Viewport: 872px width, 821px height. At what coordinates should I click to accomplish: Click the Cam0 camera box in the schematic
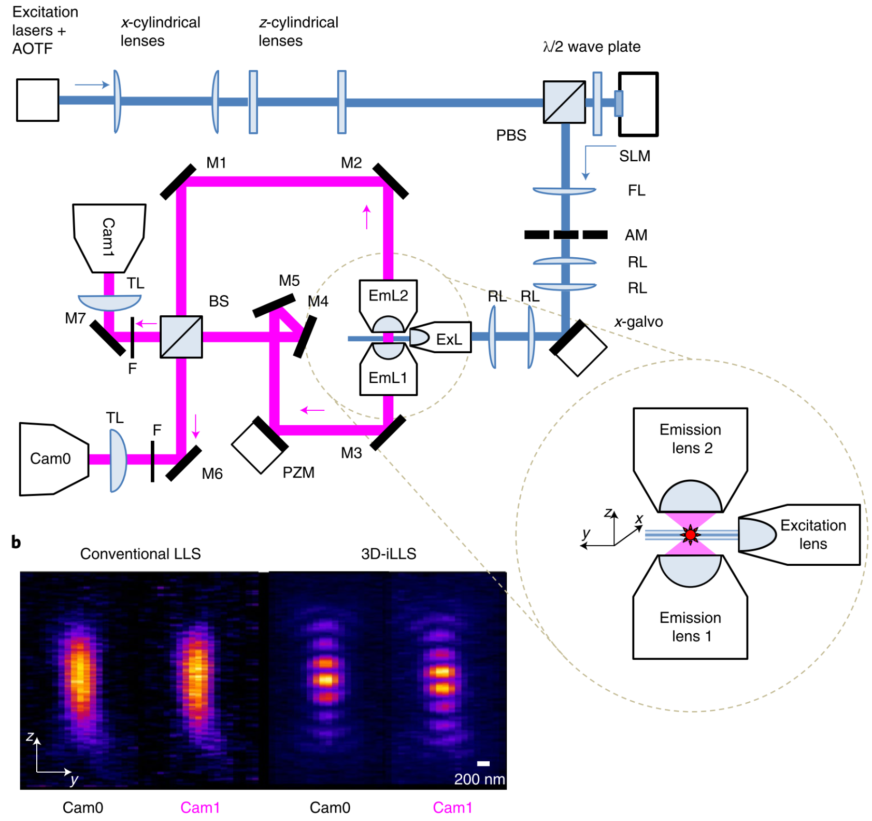pyautogui.click(x=52, y=459)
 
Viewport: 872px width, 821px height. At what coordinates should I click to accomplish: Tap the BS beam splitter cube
pyautogui.click(x=181, y=337)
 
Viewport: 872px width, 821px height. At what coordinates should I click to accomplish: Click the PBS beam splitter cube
pyautogui.click(x=564, y=102)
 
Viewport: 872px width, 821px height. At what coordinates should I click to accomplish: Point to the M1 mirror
pyautogui.click(x=178, y=182)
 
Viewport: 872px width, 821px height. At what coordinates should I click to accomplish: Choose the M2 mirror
pyautogui.click(x=390, y=181)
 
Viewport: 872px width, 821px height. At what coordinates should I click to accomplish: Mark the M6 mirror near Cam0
pyautogui.click(x=183, y=463)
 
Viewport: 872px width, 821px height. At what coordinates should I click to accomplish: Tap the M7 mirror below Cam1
pyautogui.click(x=108, y=338)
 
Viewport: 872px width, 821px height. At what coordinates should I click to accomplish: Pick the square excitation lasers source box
pyautogui.click(x=37, y=100)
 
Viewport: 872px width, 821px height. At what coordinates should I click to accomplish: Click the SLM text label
pyautogui.click(x=635, y=156)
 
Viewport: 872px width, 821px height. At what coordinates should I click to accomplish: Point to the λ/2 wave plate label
pyautogui.click(x=592, y=47)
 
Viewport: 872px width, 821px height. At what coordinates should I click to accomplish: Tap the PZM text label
pyautogui.click(x=298, y=472)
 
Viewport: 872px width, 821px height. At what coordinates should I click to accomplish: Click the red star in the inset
pyautogui.click(x=690, y=535)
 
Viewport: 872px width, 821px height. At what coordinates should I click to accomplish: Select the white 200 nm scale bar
pyautogui.click(x=483, y=763)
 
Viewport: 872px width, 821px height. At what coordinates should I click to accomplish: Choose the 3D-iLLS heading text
pyautogui.click(x=389, y=554)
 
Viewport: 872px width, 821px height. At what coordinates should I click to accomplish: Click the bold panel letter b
pyautogui.click(x=16, y=542)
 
